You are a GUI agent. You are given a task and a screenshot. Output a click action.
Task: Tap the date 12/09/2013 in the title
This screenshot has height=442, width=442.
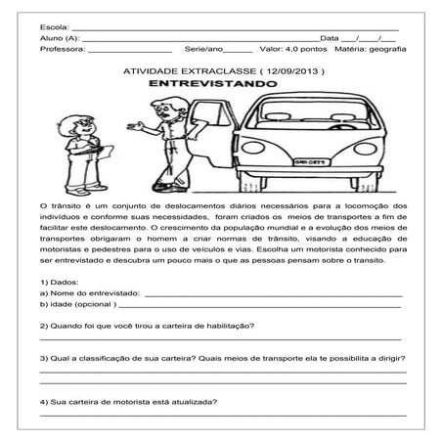pyautogui.click(x=292, y=71)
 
